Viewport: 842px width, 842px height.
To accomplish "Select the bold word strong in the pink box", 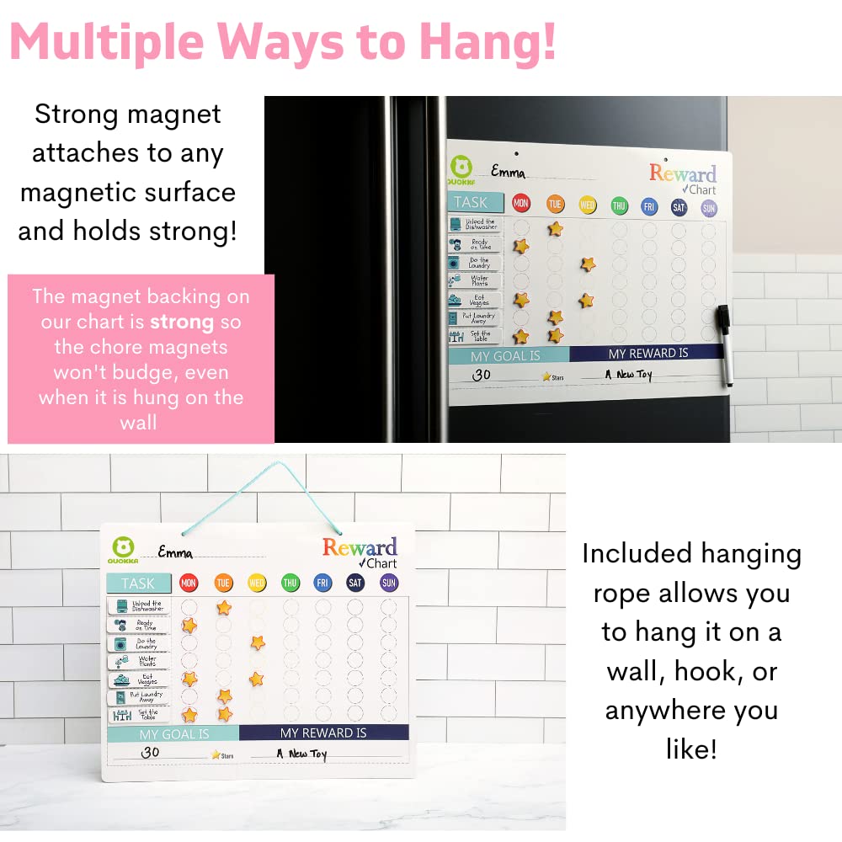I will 182,322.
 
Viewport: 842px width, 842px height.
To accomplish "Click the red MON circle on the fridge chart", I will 521,204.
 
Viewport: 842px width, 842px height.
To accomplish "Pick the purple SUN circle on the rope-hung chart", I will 388,582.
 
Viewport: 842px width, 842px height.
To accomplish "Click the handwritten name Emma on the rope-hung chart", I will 175,553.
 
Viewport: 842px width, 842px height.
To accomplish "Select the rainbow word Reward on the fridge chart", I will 682,174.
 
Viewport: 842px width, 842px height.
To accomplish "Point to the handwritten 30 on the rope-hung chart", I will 150,753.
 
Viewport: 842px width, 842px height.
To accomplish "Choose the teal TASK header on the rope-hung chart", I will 138,583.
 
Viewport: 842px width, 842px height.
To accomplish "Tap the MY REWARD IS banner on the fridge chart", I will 648,354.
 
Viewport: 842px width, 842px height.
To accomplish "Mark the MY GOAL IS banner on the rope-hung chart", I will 174,733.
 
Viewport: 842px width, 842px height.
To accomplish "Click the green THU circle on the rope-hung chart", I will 290,582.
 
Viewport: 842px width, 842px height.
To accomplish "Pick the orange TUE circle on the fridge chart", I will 555,204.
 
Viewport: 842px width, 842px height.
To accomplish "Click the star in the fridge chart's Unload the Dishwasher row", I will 555,228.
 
